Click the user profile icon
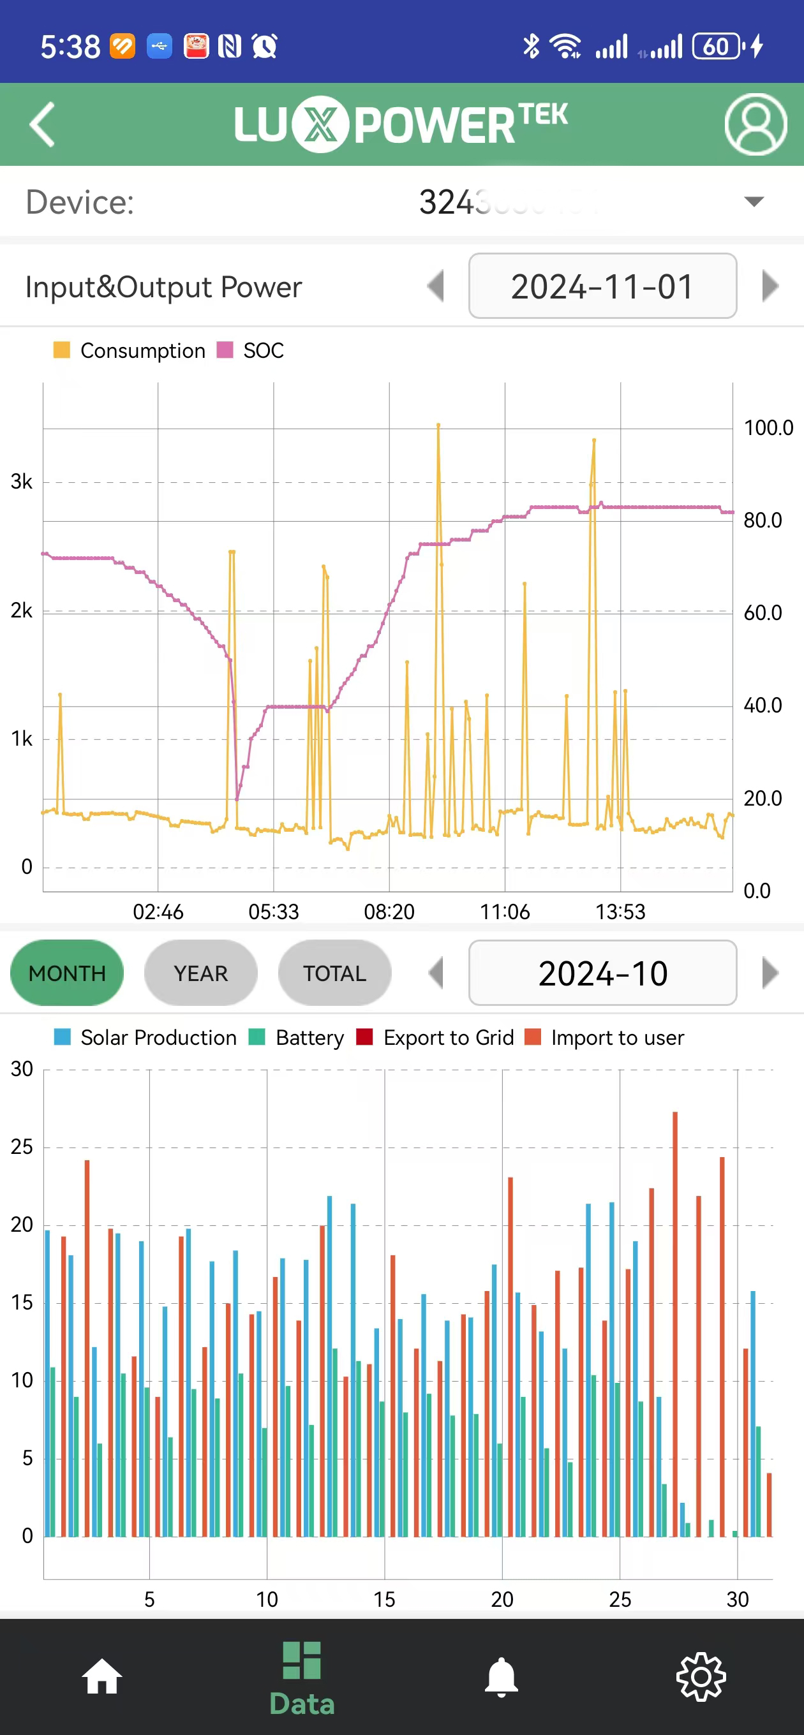[756, 124]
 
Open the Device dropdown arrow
[754, 202]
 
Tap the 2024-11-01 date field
[602, 286]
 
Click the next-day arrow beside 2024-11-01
[770, 286]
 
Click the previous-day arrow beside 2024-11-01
[436, 286]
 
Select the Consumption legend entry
[130, 351]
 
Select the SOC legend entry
[251, 351]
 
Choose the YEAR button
[201, 973]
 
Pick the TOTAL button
[334, 973]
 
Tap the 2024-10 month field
[602, 973]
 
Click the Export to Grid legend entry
[435, 1038]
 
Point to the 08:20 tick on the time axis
[389, 912]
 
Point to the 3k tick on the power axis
[22, 482]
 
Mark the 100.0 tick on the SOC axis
[768, 427]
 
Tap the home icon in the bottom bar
[101, 1676]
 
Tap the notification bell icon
[502, 1676]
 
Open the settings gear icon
[701, 1676]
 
